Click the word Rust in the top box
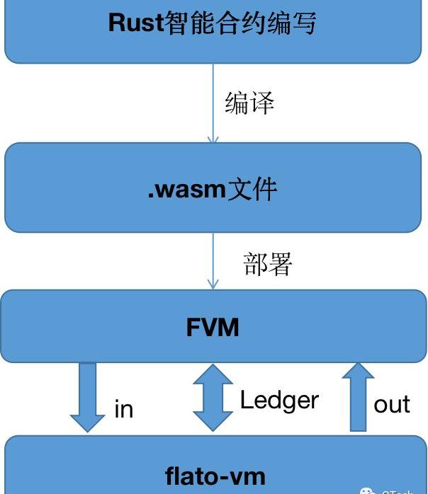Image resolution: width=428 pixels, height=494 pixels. tap(136, 23)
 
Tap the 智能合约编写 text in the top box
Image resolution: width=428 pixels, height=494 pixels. tap(240, 23)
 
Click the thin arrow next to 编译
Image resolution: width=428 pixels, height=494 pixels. tap(213, 103)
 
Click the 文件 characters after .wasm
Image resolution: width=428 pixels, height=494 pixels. tap(252, 189)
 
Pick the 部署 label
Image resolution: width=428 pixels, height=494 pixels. tap(268, 264)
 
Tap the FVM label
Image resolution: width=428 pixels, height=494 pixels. tap(213, 327)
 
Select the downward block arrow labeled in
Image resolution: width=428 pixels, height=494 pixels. tap(88, 396)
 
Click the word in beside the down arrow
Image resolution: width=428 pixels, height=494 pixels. tap(123, 409)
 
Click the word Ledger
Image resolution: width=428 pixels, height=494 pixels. tap(279, 401)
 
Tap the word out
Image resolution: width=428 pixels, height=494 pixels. tap(392, 404)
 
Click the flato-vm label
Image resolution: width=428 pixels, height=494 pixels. tap(215, 475)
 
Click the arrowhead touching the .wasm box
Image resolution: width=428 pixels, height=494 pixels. tap(213, 139)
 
